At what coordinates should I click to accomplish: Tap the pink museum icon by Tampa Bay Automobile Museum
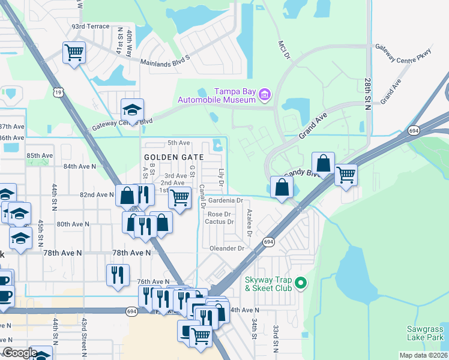pos(265,94)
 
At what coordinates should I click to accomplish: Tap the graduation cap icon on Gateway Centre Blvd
pos(132,109)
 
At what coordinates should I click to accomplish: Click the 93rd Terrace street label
pos(91,27)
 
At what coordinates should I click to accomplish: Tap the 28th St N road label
pos(367,91)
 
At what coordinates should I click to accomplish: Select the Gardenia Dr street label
pos(224,200)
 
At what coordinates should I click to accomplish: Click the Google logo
pos(20,353)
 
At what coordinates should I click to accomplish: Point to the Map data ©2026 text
pos(423,355)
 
